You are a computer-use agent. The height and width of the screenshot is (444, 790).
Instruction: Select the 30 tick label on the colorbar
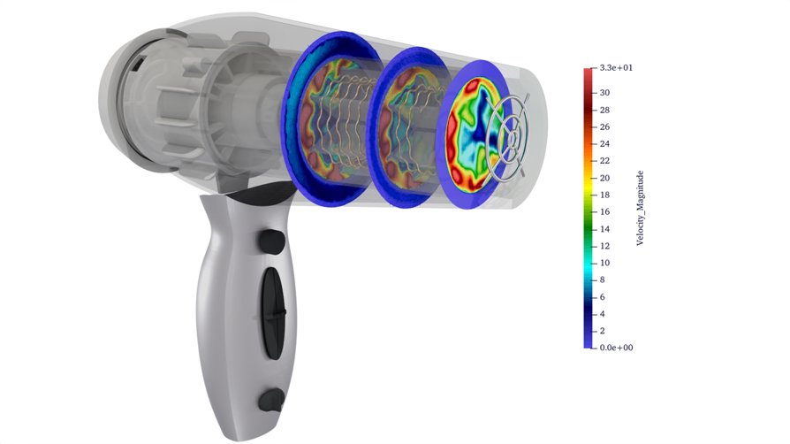pyautogui.click(x=605, y=93)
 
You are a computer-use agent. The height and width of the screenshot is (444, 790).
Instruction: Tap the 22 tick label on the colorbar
pyautogui.click(x=605, y=161)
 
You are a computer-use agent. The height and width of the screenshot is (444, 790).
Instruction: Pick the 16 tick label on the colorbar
pyautogui.click(x=605, y=211)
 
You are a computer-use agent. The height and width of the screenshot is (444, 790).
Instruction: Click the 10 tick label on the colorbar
pyautogui.click(x=605, y=263)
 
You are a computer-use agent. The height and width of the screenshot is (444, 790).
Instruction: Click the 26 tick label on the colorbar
pyautogui.click(x=605, y=126)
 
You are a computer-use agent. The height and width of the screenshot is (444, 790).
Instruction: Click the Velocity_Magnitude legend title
pyautogui.click(x=641, y=208)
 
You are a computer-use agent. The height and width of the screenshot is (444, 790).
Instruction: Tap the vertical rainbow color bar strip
pyautogui.click(x=588, y=208)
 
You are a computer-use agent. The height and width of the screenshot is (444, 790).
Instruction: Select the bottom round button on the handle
pyautogui.click(x=270, y=400)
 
